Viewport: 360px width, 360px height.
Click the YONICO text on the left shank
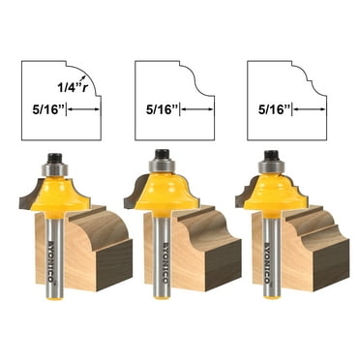[x=56, y=254]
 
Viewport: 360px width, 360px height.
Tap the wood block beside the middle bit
[x=208, y=252]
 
